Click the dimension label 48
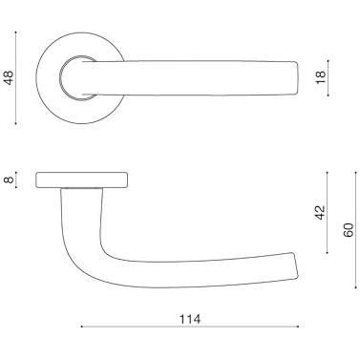9,77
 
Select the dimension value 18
321,77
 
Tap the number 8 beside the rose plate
9,180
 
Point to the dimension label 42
321,212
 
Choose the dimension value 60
349,230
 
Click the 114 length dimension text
190,319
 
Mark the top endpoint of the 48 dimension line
15,32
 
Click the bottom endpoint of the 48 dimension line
15,123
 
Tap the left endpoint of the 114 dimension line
82,327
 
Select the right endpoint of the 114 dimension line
298,327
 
